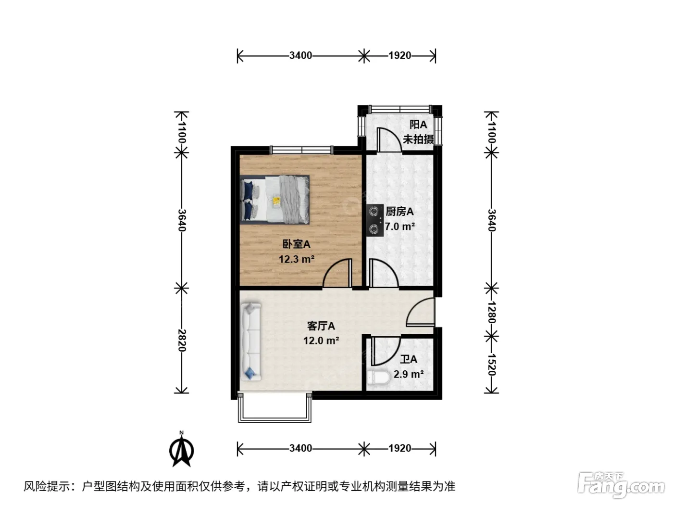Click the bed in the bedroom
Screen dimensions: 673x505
(274, 199)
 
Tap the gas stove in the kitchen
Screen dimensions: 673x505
(374, 220)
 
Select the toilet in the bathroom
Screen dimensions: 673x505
(378, 377)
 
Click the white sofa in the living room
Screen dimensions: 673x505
(251, 341)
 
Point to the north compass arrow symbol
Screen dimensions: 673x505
(182, 449)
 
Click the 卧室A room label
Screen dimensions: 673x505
(296, 244)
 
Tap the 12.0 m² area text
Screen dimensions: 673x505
(321, 341)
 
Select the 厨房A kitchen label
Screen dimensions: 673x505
(399, 211)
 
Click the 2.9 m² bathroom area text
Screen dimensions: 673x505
(409, 374)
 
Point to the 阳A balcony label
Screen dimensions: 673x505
(418, 125)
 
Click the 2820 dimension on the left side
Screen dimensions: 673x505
(182, 341)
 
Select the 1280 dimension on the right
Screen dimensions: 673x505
(491, 312)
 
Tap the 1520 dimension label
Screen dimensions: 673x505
(491, 365)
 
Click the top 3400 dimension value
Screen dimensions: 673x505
(300, 55)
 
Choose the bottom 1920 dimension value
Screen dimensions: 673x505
(400, 448)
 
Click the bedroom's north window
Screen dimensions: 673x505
(302, 150)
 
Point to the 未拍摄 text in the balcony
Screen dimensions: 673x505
(418, 139)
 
